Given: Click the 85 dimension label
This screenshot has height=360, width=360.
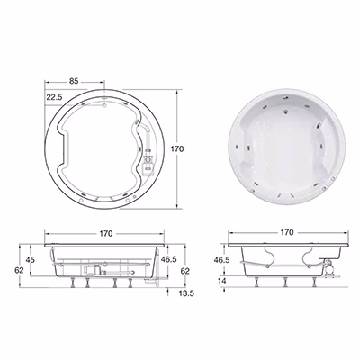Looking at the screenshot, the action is (x=74, y=81).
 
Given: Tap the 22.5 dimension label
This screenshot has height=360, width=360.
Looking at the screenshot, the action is (x=54, y=97).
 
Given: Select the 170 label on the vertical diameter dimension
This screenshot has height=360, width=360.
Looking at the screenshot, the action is (x=177, y=148).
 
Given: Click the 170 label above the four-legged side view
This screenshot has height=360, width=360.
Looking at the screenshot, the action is (x=106, y=233).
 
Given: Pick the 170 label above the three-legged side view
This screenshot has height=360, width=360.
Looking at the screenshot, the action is (x=287, y=232).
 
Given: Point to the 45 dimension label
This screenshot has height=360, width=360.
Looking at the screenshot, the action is (x=30, y=260).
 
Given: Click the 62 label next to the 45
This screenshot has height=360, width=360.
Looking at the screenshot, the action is (x=19, y=270).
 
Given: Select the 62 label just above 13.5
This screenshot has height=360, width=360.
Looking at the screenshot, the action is (x=185, y=271).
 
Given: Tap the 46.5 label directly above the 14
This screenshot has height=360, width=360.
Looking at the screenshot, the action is (x=221, y=260).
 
